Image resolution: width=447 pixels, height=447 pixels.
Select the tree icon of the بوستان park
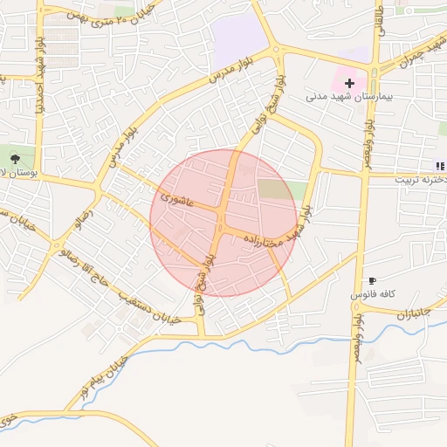click(16, 158)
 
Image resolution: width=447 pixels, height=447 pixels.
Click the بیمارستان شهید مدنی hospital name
click(341, 96)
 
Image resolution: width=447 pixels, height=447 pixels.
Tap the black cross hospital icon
click(349, 82)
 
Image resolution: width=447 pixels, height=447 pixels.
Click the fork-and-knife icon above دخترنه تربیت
click(440, 166)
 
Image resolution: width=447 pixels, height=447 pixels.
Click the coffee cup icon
click(373, 281)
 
